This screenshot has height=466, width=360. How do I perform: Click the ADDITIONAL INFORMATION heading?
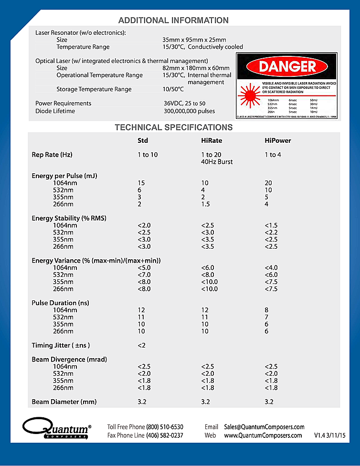pos(173,20)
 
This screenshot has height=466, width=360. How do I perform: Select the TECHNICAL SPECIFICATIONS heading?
pos(174,127)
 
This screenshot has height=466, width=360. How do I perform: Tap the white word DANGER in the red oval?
pos(287,66)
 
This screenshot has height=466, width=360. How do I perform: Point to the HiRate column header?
pos(212,140)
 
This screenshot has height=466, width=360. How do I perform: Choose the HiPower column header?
pos(278,140)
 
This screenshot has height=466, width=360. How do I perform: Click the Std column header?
pos(143,140)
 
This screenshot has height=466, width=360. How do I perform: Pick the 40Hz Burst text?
pos(217,162)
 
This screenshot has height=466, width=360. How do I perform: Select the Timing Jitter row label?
pos(61,345)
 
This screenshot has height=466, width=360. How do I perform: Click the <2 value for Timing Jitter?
pos(141,345)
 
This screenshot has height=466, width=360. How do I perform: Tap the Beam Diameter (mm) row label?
pos(64,402)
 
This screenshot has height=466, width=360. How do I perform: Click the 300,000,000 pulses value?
pos(189,111)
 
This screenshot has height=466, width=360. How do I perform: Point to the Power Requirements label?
pos(63,103)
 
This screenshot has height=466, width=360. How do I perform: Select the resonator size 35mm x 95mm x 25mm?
pos(194,40)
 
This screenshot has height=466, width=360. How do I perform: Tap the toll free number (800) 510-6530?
pos(165,427)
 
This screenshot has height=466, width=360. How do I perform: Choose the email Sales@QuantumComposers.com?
pos(264,427)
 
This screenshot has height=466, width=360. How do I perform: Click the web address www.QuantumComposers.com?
pos(263,435)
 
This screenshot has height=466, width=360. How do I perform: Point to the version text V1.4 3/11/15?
pos(329,435)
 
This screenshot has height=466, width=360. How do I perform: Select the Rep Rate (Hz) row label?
pos(52,155)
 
